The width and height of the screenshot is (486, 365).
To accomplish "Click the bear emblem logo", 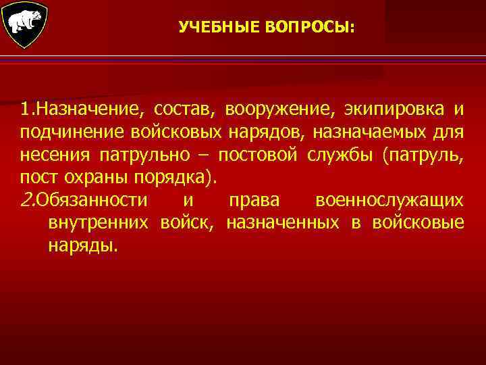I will pyautogui.click(x=25, y=25).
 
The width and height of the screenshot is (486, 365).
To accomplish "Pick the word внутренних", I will pyautogui.click(x=102, y=223).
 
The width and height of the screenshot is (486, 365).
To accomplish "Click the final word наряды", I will pyautogui.click(x=82, y=247).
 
